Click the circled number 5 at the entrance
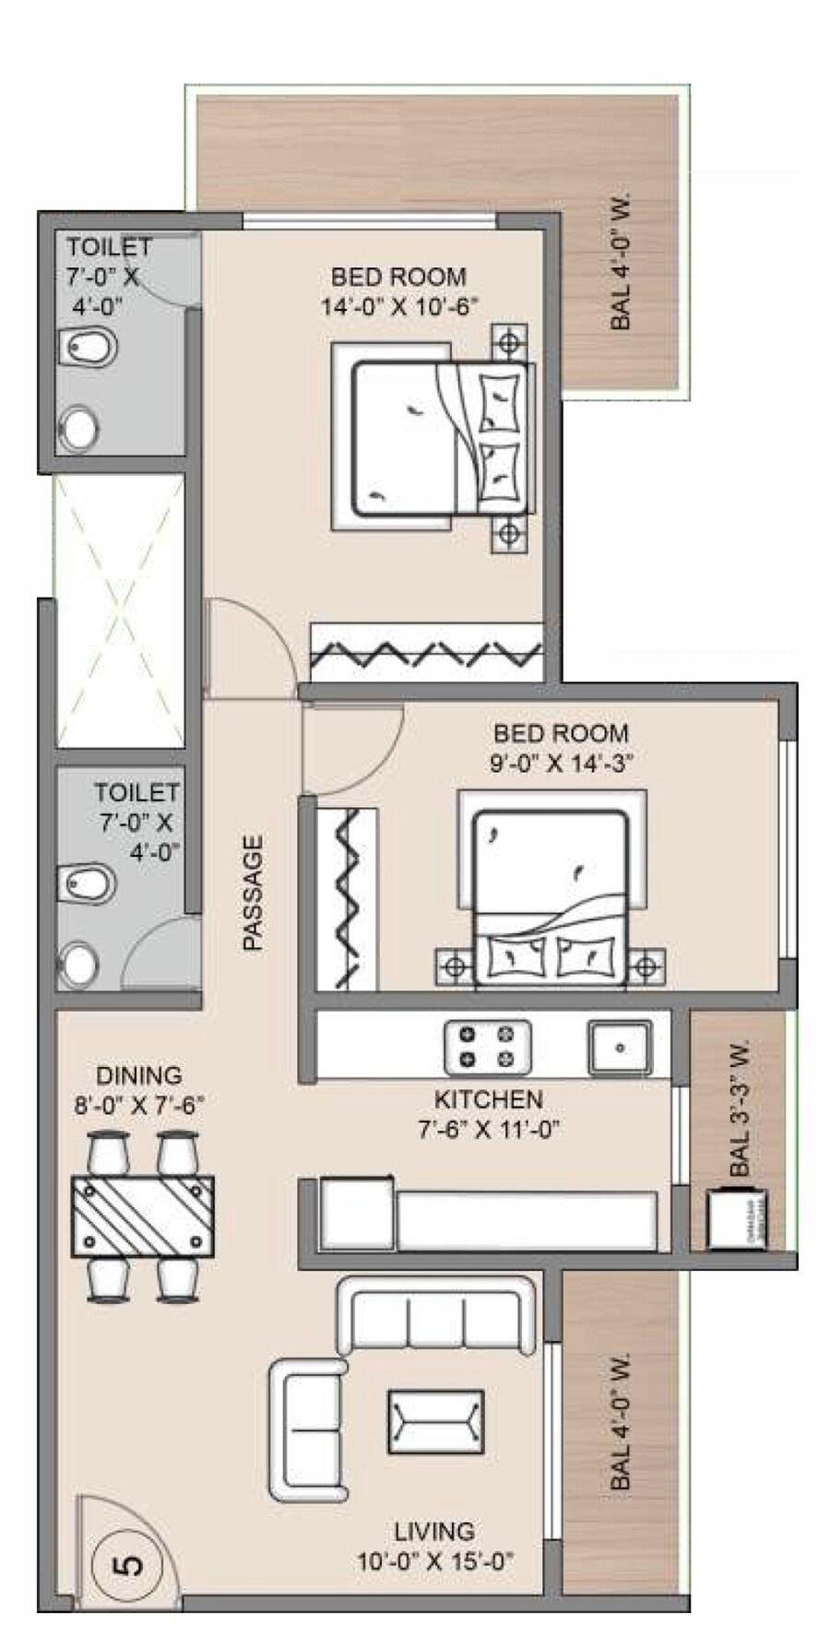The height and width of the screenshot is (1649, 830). click(130, 1566)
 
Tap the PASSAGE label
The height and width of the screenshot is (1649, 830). click(252, 892)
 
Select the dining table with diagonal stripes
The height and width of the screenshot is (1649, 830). click(143, 1216)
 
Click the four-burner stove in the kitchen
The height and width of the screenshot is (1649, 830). click(487, 1048)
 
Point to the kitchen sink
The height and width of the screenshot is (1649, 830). click(620, 1048)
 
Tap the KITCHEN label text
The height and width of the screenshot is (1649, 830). click(488, 1099)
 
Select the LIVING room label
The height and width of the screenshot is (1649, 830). click(434, 1532)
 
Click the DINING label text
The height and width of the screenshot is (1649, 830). click(139, 1075)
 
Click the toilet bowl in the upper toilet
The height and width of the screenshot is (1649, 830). click(89, 348)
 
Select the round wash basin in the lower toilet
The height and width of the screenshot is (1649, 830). click(79, 965)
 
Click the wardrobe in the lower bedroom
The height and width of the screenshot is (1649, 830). click(347, 898)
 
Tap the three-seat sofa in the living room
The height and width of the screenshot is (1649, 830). click(436, 1316)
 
